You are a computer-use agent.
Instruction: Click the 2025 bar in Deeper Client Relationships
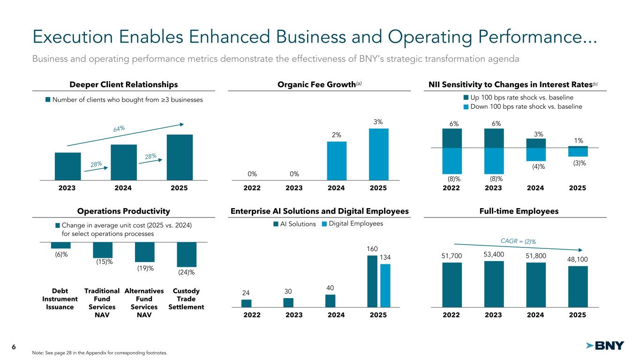(x=180, y=157)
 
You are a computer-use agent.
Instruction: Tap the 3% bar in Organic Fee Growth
(x=378, y=154)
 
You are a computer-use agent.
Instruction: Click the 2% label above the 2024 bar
(x=336, y=135)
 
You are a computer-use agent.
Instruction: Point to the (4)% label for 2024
(x=535, y=166)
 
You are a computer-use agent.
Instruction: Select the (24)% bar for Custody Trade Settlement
(x=187, y=255)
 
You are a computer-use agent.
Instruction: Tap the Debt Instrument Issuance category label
(x=60, y=299)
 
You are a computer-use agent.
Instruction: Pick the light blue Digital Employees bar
(x=385, y=285)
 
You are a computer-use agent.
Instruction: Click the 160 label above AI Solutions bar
(x=372, y=249)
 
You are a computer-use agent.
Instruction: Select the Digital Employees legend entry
(x=353, y=224)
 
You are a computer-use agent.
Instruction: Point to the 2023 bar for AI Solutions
(x=288, y=302)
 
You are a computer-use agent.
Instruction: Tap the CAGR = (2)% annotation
(x=519, y=241)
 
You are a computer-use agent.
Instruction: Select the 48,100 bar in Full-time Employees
(x=578, y=286)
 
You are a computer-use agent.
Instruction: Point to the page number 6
(x=14, y=346)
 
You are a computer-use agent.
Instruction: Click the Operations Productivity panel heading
(x=124, y=211)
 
